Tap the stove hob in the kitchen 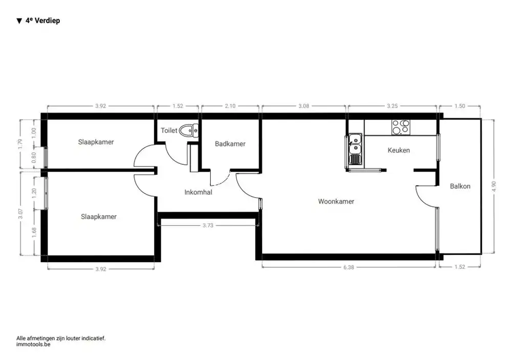(x=400, y=126)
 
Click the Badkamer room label (x=230, y=144)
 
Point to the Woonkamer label (x=336, y=201)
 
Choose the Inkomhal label (x=198, y=193)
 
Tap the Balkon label (x=460, y=186)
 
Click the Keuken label (x=399, y=151)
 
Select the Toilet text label (x=169, y=131)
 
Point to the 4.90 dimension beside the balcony (x=494, y=185)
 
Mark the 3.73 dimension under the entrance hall (x=208, y=225)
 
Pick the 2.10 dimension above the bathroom (x=230, y=106)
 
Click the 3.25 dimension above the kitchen (x=392, y=106)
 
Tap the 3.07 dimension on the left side (x=20, y=214)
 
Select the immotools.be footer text (x=33, y=345)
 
